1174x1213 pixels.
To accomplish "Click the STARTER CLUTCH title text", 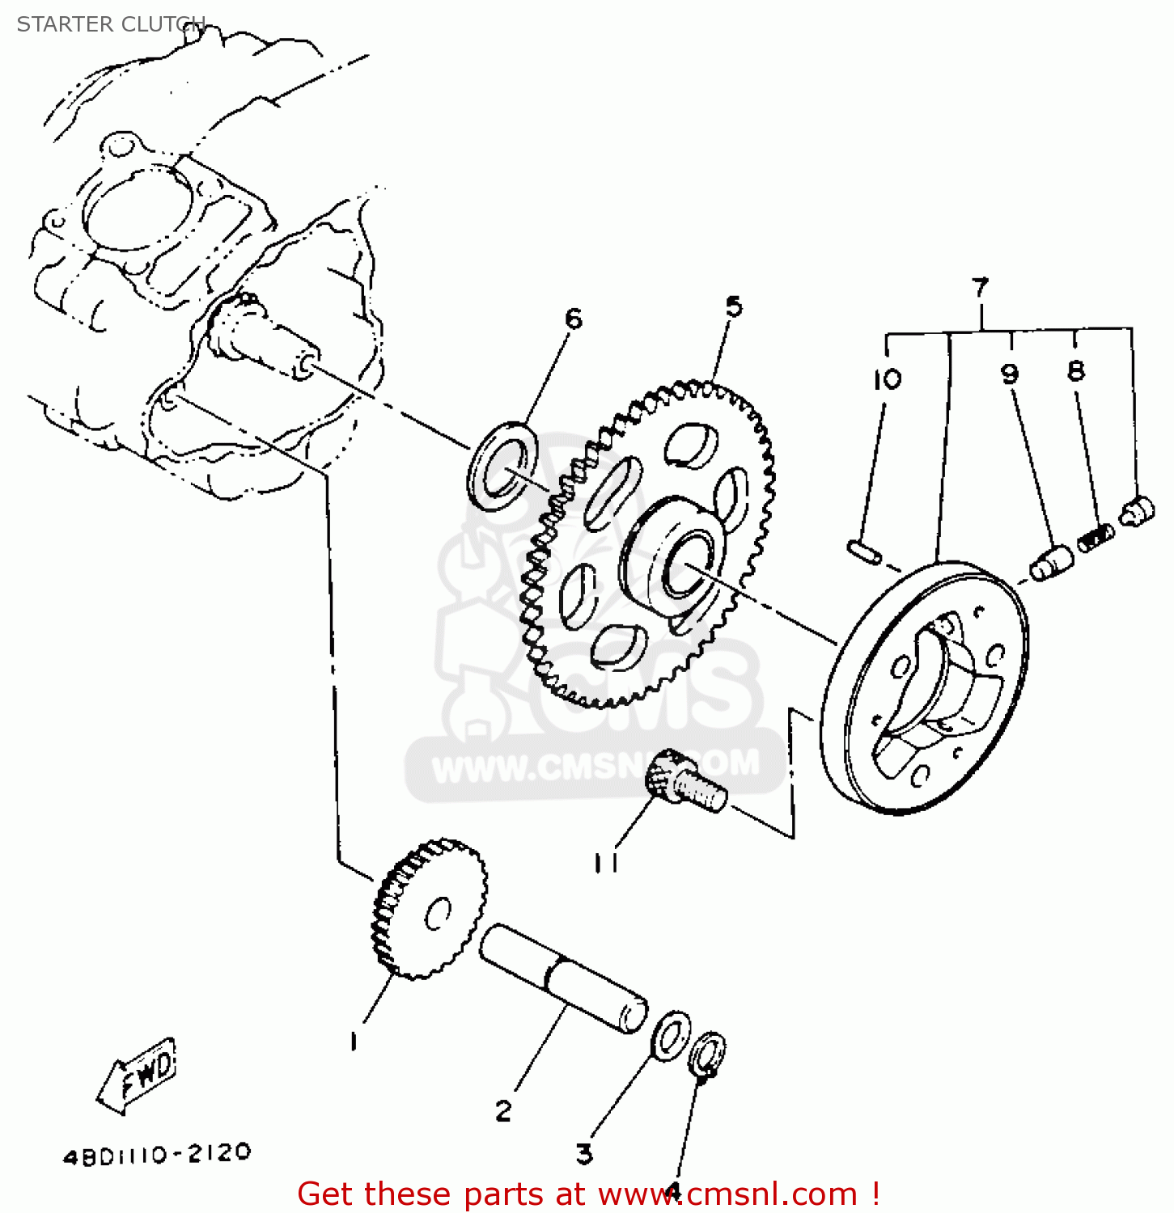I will pos(111,24).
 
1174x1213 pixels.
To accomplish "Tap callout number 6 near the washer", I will pos(573,319).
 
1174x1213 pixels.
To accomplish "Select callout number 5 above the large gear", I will pos(733,306).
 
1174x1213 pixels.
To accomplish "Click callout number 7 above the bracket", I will pos(980,287).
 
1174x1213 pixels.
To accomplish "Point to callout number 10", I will pos(887,378).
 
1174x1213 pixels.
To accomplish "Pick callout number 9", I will pos(1009,374).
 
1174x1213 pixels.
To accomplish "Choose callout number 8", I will pos(1075,371).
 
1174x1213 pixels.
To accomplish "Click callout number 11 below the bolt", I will pos(606,863).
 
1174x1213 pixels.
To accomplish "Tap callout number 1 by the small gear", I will pos(354,1042).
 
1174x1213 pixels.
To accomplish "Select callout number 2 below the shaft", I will pos(503,1111).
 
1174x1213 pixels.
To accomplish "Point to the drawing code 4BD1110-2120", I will pos(157,1155).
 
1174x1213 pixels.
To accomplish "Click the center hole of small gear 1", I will pos(438,914).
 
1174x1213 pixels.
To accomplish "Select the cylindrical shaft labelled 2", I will pos(563,979).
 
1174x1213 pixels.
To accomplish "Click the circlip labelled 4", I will pos(707,1054).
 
